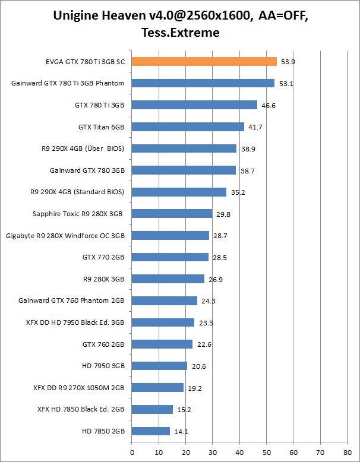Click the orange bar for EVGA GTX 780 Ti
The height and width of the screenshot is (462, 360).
(204, 61)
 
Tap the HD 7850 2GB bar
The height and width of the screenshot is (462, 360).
(151, 431)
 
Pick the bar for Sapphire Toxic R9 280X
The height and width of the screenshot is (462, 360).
(172, 213)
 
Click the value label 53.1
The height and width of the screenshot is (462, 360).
(286, 84)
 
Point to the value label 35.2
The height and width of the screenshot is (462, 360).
(238, 192)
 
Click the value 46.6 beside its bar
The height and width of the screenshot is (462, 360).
(269, 105)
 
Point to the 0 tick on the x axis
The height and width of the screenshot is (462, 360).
(132, 451)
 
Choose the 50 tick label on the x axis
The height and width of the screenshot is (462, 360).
(266, 451)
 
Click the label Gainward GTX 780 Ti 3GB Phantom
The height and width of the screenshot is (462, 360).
(68, 83)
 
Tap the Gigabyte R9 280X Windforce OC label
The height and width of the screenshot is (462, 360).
(65, 235)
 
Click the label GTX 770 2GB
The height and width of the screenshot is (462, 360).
(103, 257)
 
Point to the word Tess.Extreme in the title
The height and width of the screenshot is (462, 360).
(180, 33)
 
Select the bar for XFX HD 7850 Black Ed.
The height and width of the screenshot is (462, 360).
(152, 409)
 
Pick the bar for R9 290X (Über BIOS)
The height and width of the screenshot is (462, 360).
(184, 148)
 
